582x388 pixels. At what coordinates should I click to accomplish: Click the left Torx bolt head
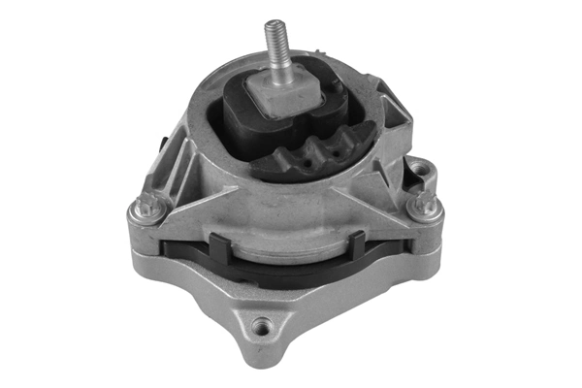[x=148, y=206]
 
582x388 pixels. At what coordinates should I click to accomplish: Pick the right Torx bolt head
[x=419, y=206]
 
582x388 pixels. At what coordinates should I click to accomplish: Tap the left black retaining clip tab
[x=219, y=248]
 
